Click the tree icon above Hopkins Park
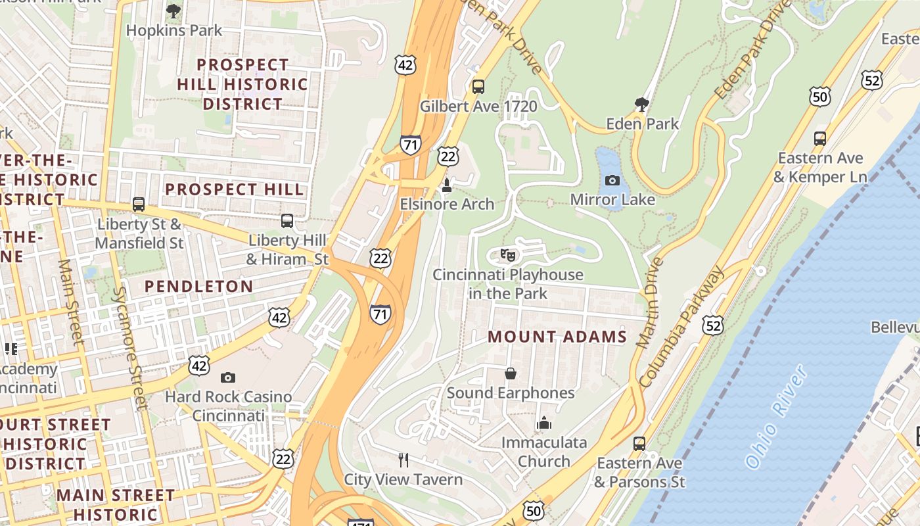pos(173,11)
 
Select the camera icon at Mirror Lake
pos(612,180)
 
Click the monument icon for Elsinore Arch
pos(447,185)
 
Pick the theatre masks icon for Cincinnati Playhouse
pos(507,255)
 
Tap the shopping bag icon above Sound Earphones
pos(511,374)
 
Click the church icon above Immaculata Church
pos(543,423)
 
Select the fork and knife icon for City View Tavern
pos(403,460)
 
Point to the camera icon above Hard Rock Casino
pos(228,377)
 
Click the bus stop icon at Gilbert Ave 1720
pos(478,86)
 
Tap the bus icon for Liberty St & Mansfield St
pos(138,204)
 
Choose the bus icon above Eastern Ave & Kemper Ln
pos(819,139)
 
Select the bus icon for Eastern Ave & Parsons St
pos(639,444)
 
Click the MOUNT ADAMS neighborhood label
pos(557,337)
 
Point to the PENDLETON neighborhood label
pos(198,286)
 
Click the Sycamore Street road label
pos(128,348)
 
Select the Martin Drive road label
pos(647,303)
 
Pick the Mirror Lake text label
pos(612,199)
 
